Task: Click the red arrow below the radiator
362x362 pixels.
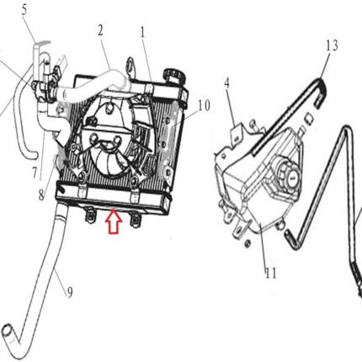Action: coord(114,221)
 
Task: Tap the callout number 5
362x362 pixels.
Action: coord(24,9)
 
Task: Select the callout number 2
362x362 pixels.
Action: coord(100,30)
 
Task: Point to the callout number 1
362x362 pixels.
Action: coord(143,33)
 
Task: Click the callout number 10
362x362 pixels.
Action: coord(204,106)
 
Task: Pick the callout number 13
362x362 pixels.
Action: coord(332,45)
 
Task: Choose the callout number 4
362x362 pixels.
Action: coord(226,83)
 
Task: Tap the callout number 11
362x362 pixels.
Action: coord(271,273)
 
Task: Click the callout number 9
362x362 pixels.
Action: coord(70,292)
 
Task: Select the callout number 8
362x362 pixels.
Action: coord(41,195)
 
